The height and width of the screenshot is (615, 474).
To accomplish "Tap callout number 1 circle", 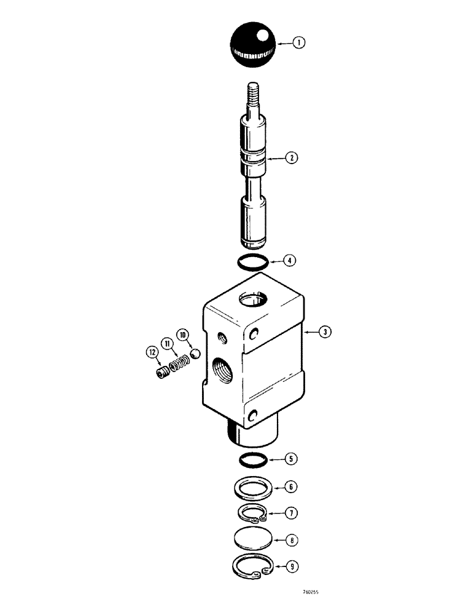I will tap(298, 43).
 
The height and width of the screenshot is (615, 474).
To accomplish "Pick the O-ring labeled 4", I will tap(252, 261).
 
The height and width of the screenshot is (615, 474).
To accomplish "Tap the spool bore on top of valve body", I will tap(252, 301).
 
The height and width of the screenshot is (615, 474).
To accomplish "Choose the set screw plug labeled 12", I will tap(163, 372).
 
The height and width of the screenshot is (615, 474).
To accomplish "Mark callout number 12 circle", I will tap(150, 352).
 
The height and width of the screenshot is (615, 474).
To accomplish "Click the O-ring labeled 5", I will tap(252, 459).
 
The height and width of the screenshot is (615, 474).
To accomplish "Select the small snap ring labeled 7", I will tap(252, 513).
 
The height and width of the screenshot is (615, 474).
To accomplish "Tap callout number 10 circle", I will tap(182, 335).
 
